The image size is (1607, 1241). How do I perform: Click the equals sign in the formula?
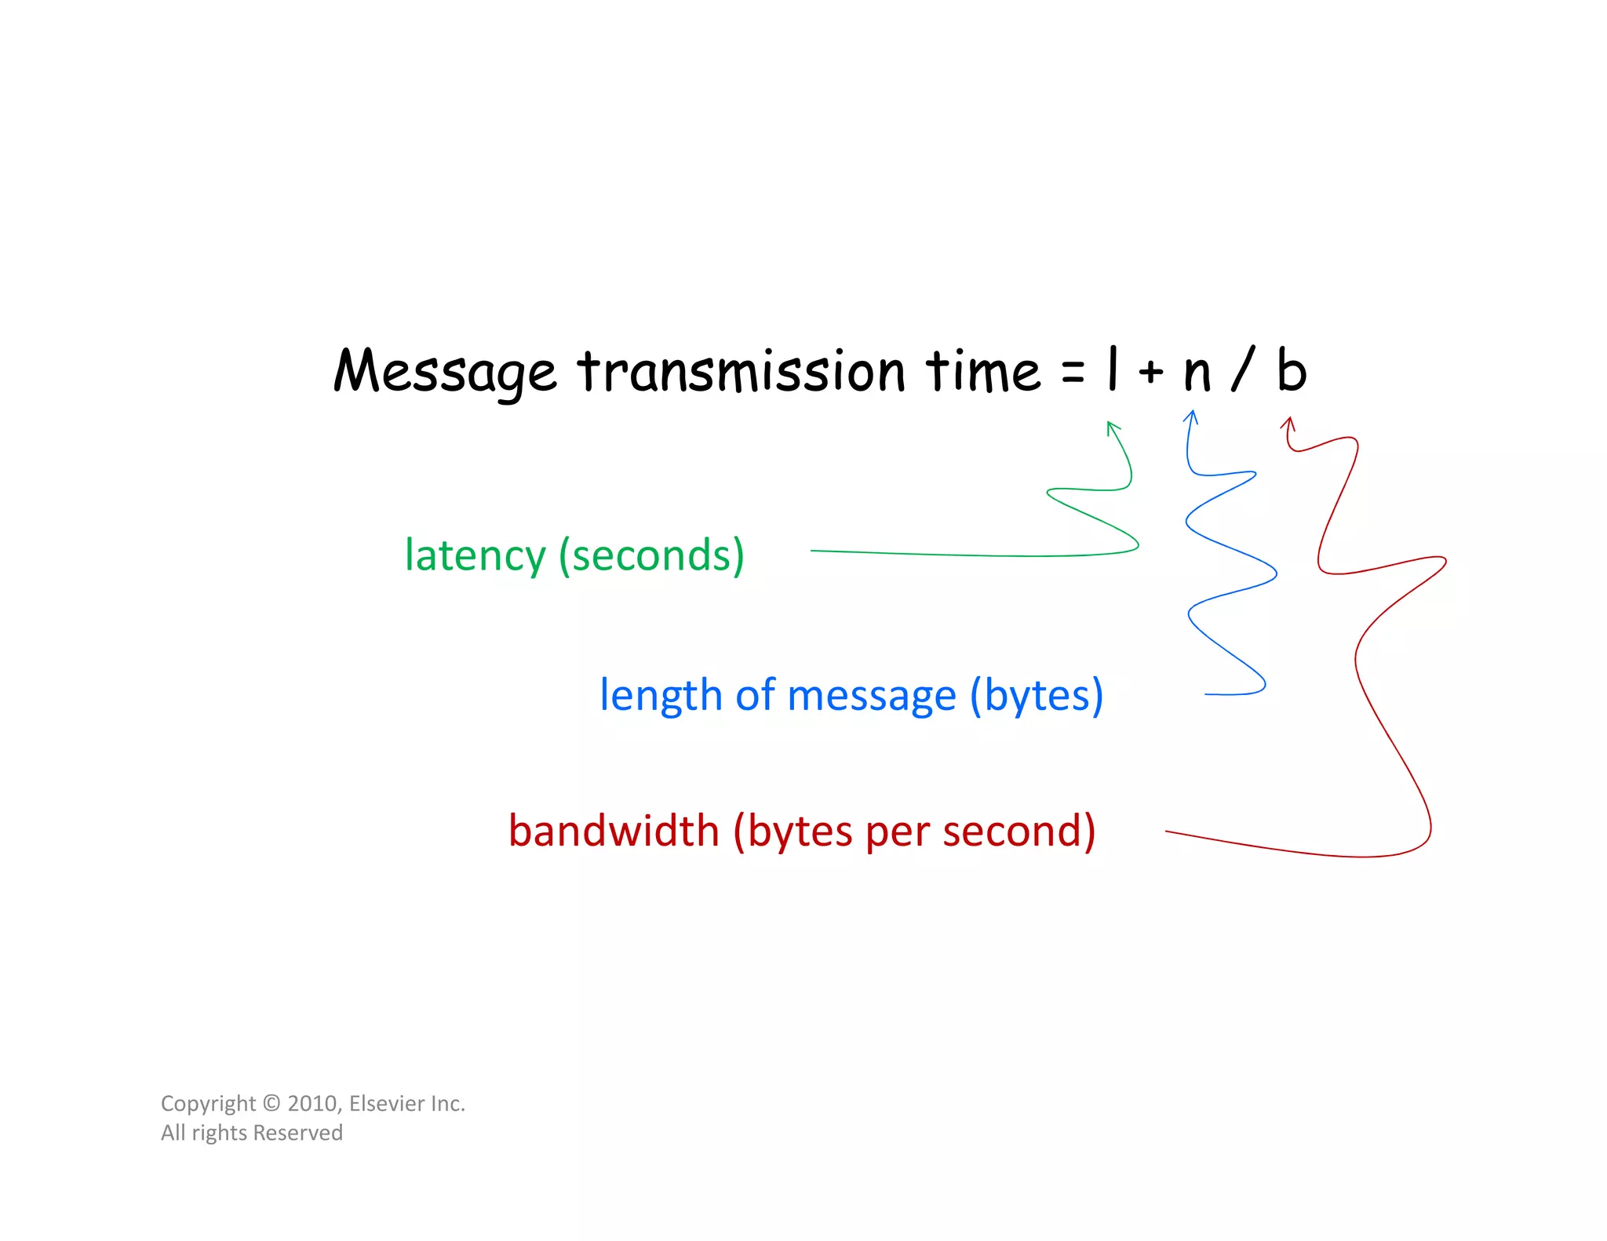click(x=1073, y=372)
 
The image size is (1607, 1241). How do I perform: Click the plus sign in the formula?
click(x=1150, y=371)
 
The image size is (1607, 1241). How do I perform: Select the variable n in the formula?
click(x=1197, y=374)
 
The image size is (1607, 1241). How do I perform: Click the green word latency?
click(x=475, y=556)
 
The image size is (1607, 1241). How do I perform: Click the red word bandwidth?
click(x=614, y=831)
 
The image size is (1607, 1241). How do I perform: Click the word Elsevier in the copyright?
click(x=387, y=1104)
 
